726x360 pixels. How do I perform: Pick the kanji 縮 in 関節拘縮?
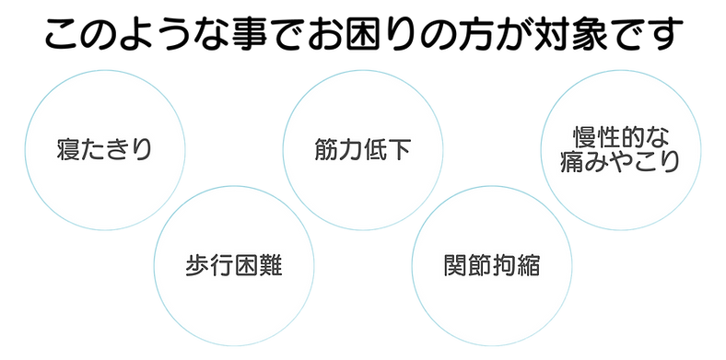point(527,268)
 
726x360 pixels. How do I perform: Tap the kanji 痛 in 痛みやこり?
point(571,164)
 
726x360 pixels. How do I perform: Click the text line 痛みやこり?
point(619,164)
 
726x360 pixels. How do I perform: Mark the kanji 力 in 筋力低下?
point(345,149)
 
